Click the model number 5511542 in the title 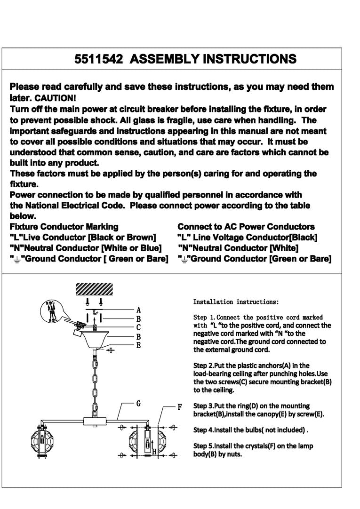99,59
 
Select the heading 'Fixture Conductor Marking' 64,227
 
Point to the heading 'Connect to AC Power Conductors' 246,227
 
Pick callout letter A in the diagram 138,310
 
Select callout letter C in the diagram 138,327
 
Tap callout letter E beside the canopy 138,345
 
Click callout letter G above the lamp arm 138,403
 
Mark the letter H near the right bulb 154,452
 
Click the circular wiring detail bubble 53,311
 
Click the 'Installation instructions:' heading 236,302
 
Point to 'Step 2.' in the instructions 203,366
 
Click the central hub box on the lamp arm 96,420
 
